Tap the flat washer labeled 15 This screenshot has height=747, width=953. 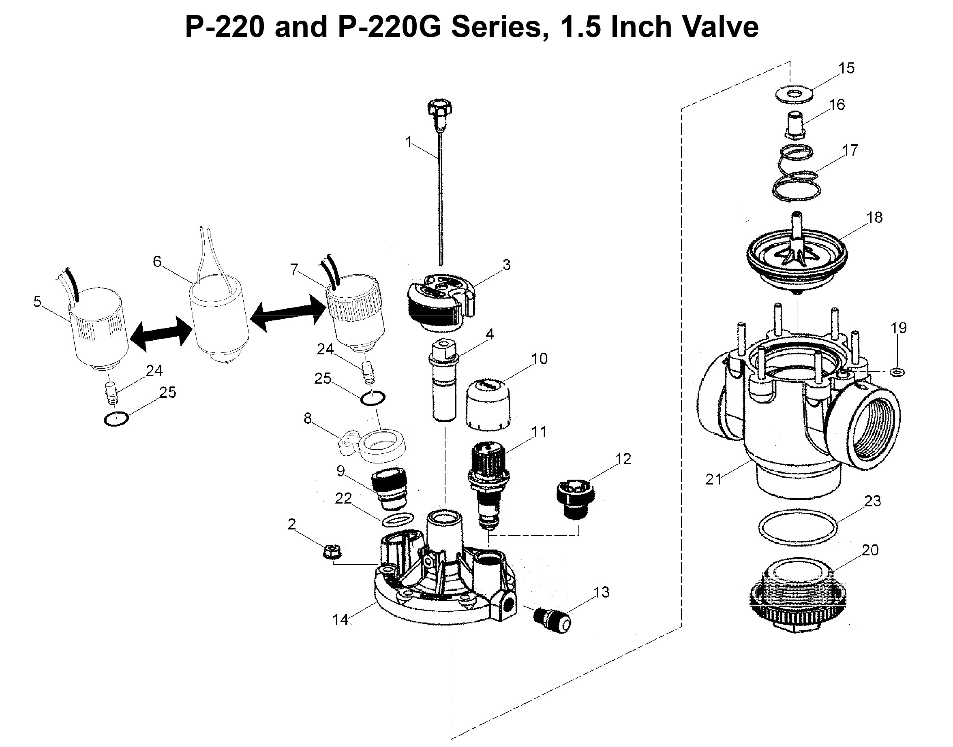click(x=794, y=94)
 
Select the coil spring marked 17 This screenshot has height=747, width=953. click(x=795, y=175)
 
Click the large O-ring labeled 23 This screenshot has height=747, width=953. click(x=798, y=527)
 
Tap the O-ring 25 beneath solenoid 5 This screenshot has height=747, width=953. click(x=116, y=419)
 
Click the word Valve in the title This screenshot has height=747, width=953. click(x=720, y=27)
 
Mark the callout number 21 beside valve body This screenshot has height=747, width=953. click(x=713, y=479)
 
